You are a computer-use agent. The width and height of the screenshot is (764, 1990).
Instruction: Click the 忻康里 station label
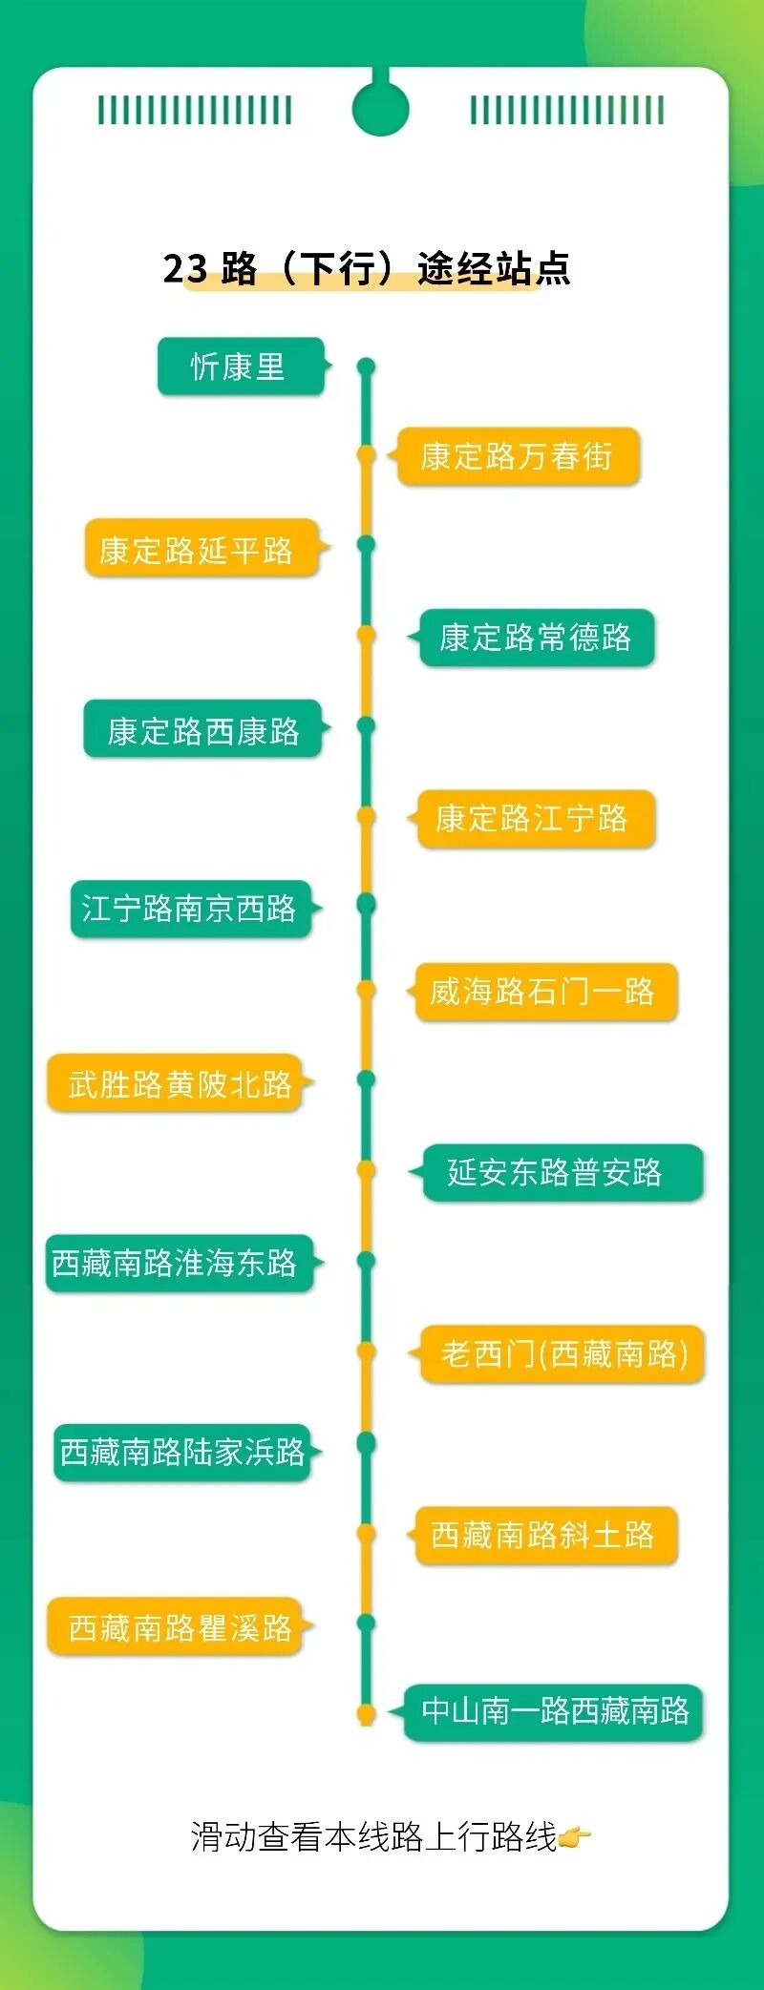[x=240, y=367]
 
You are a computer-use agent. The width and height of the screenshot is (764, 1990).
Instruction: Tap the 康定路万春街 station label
[x=517, y=456]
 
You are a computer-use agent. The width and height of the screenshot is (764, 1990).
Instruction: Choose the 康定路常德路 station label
[x=536, y=638]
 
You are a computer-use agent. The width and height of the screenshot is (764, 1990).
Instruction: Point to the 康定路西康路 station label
[x=202, y=729]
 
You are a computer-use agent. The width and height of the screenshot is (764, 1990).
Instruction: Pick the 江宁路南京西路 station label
[x=190, y=909]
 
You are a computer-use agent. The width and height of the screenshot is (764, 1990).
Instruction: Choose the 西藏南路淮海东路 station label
[x=179, y=1264]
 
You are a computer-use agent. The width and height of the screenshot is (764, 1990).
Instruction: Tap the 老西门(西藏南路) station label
[x=562, y=1353]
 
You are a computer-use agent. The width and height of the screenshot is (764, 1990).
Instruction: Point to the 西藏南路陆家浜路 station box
[x=182, y=1453]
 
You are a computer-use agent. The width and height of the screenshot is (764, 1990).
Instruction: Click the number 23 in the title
[x=184, y=269]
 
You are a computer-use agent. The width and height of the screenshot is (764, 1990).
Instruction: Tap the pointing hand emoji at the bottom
[x=575, y=1836]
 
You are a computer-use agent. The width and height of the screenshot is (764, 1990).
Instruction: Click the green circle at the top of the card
[x=380, y=108]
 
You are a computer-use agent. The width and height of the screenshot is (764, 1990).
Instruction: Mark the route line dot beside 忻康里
[x=366, y=367]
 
